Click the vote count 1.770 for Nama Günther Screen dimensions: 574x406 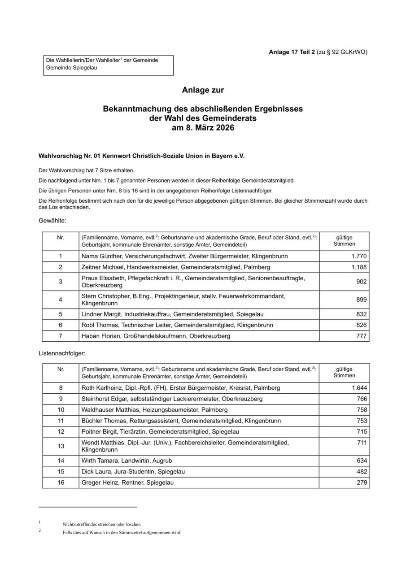coord(359,257)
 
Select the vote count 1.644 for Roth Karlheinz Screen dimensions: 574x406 coord(359,388)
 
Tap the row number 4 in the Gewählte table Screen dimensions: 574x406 coord(61,300)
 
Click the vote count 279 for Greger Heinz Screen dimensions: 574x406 coord(362,483)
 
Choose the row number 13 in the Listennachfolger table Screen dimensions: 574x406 coord(61,446)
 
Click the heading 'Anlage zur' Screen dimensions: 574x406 coord(203,90)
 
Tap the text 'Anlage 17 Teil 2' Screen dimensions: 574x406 coord(292,52)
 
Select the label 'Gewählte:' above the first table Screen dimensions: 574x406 coord(53,221)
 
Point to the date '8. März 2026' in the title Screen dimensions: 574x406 coord(203,128)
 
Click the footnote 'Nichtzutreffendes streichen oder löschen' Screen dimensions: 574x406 coord(102,524)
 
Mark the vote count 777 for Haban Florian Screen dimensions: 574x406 coord(362,336)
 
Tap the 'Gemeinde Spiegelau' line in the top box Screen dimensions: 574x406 coord(71,68)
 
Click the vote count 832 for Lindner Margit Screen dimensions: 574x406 coord(362,314)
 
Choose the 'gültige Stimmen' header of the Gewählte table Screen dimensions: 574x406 coord(344,241)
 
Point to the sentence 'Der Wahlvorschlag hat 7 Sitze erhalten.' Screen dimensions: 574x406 coord(87,171)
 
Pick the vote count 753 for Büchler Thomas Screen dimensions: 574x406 coord(362,421)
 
